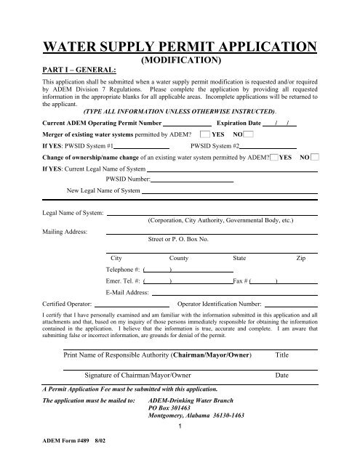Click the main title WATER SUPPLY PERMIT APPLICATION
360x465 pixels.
pos(180,49)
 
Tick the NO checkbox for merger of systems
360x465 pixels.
pos(249,134)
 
